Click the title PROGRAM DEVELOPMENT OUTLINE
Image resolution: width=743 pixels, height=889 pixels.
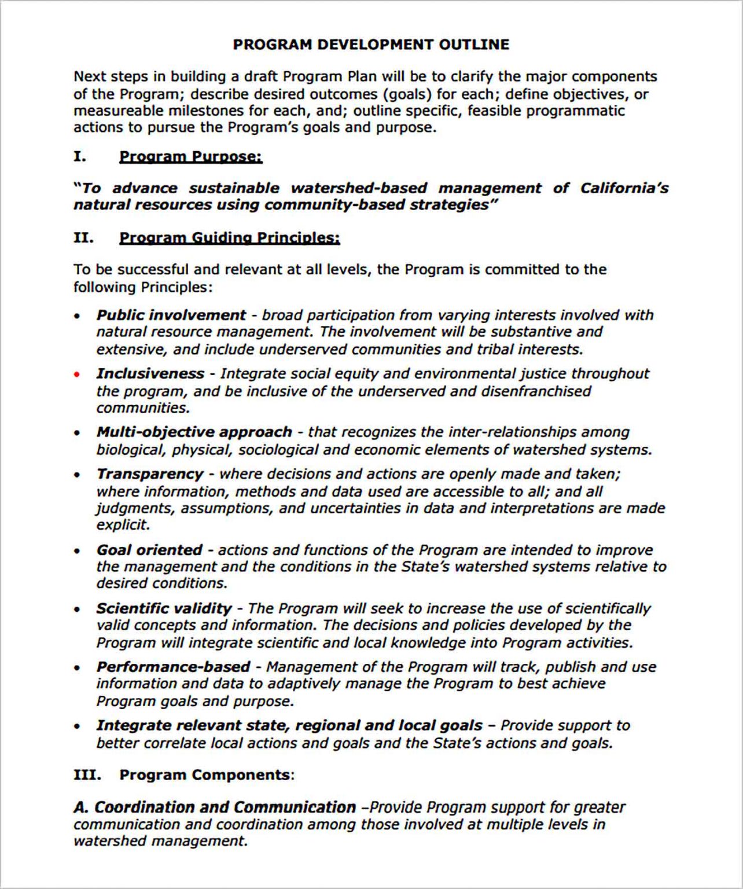371,45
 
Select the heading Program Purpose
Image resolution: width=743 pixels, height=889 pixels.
190,157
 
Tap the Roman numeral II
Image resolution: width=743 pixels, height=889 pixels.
83,238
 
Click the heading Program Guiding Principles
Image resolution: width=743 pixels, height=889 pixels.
229,238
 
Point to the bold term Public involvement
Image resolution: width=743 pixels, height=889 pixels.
171,315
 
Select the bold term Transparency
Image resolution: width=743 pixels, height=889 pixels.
149,474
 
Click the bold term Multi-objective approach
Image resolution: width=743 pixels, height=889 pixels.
194,432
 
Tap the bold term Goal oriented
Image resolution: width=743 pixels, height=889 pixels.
149,550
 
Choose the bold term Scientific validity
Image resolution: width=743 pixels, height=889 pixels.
164,608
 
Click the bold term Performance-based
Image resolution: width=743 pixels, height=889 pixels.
173,667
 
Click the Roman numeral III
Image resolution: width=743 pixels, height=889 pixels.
87,775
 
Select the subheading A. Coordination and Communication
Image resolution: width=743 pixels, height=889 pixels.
215,807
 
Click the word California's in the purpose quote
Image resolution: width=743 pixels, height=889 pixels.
624,188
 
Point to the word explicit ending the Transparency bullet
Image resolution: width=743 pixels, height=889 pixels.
123,525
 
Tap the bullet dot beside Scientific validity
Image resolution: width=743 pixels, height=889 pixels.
77,609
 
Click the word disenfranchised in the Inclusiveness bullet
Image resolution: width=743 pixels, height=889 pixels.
536,391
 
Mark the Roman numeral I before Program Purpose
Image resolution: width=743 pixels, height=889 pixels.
79,157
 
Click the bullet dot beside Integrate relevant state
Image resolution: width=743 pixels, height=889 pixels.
77,726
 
